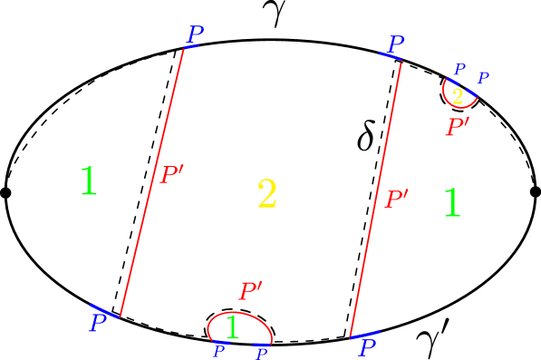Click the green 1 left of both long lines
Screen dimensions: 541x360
click(88, 181)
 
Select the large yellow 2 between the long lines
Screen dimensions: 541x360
click(266, 194)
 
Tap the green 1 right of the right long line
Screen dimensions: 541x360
click(451, 203)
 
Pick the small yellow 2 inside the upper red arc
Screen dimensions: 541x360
click(458, 96)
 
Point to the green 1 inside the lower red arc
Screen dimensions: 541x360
click(232, 327)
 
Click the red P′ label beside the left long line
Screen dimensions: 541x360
click(171, 175)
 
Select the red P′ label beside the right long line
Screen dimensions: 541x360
click(397, 199)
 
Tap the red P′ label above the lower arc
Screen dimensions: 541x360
click(250, 291)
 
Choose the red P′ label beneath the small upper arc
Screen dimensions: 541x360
click(457, 127)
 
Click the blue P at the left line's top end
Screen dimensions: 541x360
click(195, 34)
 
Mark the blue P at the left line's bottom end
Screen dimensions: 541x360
click(98, 323)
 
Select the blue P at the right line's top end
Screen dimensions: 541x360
click(396, 44)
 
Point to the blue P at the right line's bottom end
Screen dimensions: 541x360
click(367, 348)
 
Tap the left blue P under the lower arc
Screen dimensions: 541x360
click(218, 350)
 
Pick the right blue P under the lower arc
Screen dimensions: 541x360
click(263, 353)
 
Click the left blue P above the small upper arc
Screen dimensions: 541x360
click(459, 69)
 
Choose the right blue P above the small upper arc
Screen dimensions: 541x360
click(483, 78)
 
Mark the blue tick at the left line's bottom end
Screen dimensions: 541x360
click(104, 310)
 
